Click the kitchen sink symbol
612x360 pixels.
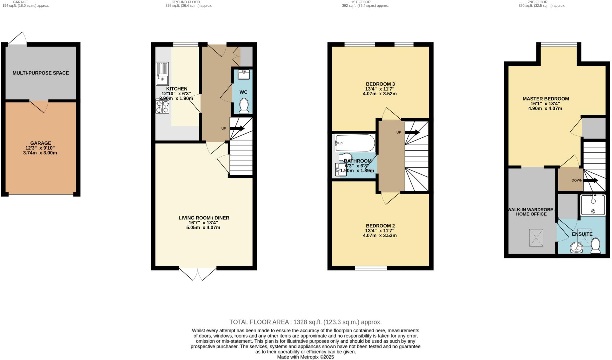click(162, 73)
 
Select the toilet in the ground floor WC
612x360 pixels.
click(244, 106)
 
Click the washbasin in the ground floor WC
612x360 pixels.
click(244, 74)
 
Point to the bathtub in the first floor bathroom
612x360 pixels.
click(355, 143)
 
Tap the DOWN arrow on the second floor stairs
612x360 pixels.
click(590, 180)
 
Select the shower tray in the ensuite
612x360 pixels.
click(593, 205)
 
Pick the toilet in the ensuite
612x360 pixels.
click(596, 246)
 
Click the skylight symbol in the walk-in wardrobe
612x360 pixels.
click(536, 238)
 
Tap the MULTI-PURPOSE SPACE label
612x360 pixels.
click(41, 73)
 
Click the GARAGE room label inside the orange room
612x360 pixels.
click(41, 143)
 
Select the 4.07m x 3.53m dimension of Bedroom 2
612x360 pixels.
click(380, 235)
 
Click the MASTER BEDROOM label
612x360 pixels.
click(546, 99)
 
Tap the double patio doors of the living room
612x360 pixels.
click(198, 273)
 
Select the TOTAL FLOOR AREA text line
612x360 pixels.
click(305, 322)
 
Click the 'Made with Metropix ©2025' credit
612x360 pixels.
click(305, 357)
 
